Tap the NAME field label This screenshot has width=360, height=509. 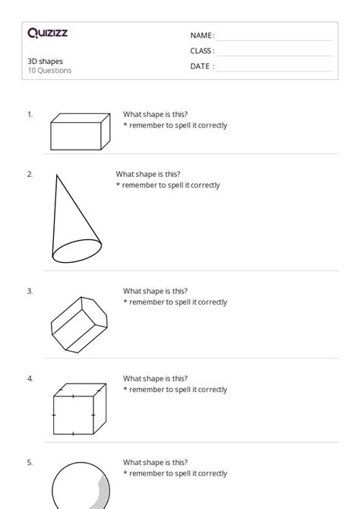click(201, 36)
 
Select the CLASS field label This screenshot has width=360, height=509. click(202, 51)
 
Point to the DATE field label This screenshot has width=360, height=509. click(202, 66)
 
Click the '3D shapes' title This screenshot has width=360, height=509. click(46, 61)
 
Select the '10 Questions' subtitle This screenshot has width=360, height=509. click(50, 71)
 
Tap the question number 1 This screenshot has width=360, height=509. click(30, 114)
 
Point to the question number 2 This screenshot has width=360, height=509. click(30, 174)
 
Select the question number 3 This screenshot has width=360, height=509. click(30, 291)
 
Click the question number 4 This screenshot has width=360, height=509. click(30, 378)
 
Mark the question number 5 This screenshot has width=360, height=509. click(30, 462)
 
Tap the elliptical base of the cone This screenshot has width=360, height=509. click(76, 250)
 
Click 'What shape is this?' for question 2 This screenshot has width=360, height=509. click(148, 174)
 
